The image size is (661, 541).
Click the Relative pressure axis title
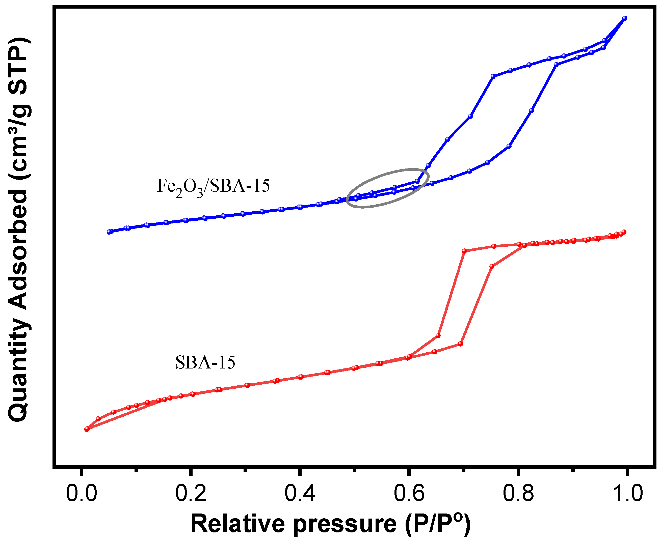point(331,524)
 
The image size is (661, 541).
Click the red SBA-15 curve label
point(205,362)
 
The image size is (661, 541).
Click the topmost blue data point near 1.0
point(624,18)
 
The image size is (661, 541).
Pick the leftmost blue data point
point(109,232)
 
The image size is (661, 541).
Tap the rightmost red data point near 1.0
point(624,232)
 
